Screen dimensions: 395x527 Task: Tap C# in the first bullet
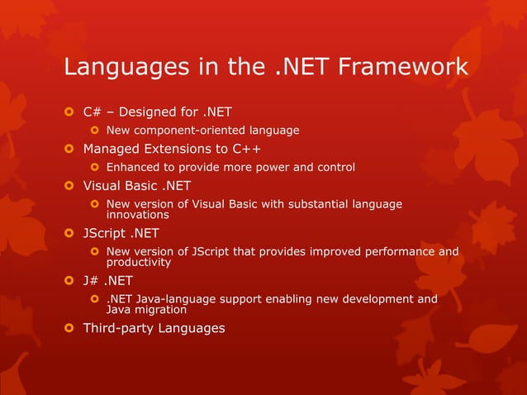(x=92, y=112)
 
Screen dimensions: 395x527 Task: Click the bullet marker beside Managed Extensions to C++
(x=69, y=150)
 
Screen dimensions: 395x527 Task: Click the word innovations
(x=138, y=215)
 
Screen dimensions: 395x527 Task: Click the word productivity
(x=139, y=262)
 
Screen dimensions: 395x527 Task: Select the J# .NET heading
(x=107, y=280)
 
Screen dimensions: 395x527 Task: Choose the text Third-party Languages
(x=154, y=328)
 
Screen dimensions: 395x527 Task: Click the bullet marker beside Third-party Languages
(x=69, y=329)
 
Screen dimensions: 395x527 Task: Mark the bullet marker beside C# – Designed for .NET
(x=69, y=112)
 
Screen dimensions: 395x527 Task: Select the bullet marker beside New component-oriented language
(x=94, y=131)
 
